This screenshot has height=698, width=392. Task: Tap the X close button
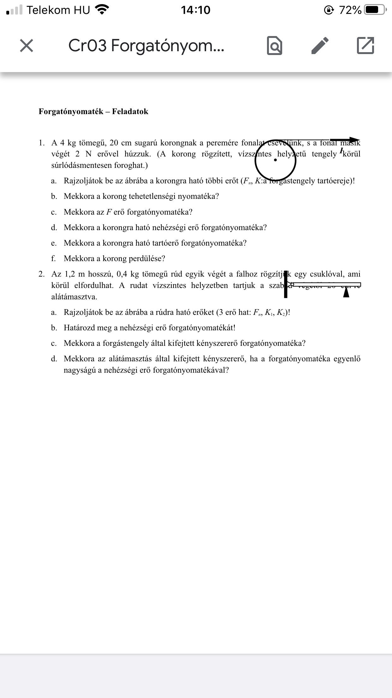tap(27, 46)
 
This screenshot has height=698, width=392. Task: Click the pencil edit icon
tap(320, 46)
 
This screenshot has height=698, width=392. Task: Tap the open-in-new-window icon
tap(365, 46)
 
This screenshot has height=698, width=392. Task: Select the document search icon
tap(275, 46)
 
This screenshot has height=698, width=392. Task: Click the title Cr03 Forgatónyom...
tap(146, 46)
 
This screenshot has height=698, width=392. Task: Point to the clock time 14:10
tap(196, 10)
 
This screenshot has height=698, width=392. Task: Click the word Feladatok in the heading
tap(130, 112)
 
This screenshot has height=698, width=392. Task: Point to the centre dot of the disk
tap(276, 160)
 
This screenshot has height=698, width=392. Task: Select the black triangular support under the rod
tap(346, 293)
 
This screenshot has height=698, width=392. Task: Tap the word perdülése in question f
tap(147, 259)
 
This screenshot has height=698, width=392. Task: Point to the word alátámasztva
tap(74, 297)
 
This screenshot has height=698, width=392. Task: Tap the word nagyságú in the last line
tap(80, 370)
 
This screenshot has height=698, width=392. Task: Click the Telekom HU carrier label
tap(58, 10)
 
